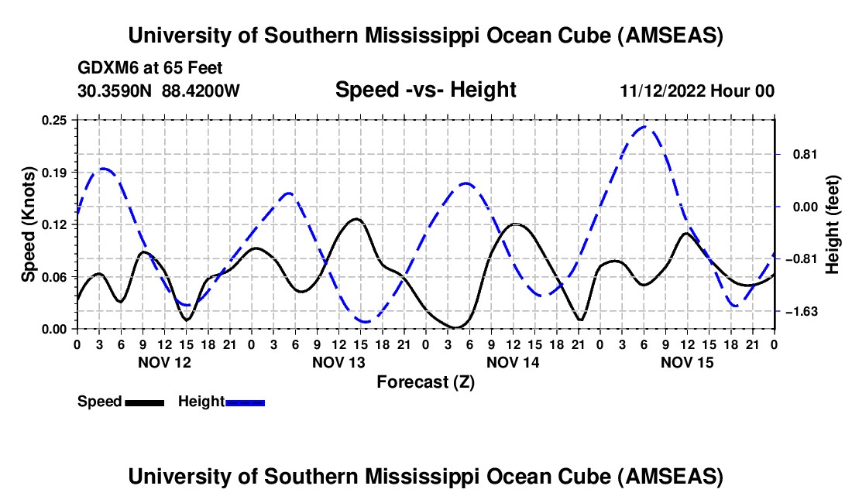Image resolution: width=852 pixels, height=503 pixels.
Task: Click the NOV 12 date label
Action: (x=164, y=362)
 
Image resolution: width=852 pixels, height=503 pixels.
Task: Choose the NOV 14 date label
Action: (x=513, y=362)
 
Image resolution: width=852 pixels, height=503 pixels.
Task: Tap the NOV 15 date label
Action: (x=687, y=362)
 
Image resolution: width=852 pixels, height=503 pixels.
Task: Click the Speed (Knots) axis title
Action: (x=29, y=224)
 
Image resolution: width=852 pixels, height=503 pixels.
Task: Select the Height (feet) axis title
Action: (x=832, y=224)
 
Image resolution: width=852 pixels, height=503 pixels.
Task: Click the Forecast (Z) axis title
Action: (x=425, y=382)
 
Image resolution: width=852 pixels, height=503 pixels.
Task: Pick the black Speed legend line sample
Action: (x=144, y=402)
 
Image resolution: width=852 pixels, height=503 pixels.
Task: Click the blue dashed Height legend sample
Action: (x=246, y=402)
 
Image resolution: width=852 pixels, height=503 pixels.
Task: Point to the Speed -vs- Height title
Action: (x=425, y=91)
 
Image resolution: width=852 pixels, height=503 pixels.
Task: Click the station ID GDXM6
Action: (x=105, y=69)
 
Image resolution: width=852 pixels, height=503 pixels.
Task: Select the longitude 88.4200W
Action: (x=201, y=91)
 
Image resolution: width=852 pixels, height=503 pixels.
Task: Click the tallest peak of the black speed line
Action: (x=356, y=219)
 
